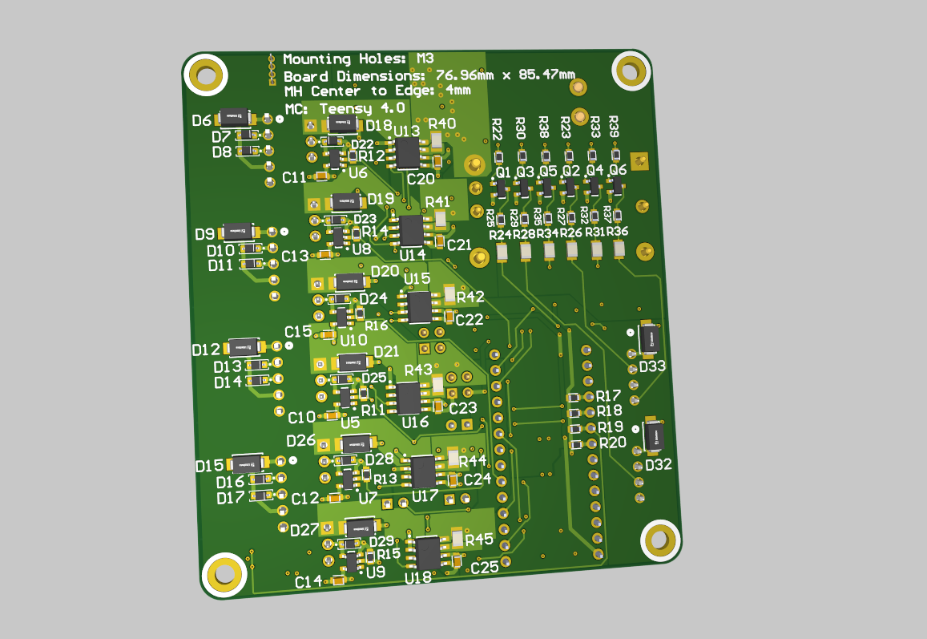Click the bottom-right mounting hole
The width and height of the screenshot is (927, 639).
[661, 540]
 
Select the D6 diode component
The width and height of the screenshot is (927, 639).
[236, 117]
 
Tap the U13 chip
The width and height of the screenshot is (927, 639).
[409, 152]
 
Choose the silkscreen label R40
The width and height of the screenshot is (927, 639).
[441, 123]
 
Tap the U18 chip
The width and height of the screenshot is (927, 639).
[427, 552]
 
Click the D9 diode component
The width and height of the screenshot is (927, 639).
[238, 232]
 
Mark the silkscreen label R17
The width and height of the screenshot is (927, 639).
[609, 396]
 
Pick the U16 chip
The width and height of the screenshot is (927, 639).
[408, 398]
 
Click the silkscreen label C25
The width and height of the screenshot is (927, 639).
[484, 568]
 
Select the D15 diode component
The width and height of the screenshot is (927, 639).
[247, 463]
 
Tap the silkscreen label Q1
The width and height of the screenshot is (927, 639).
[503, 172]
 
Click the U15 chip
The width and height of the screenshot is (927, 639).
[420, 306]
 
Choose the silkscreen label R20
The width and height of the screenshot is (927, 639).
[612, 443]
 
